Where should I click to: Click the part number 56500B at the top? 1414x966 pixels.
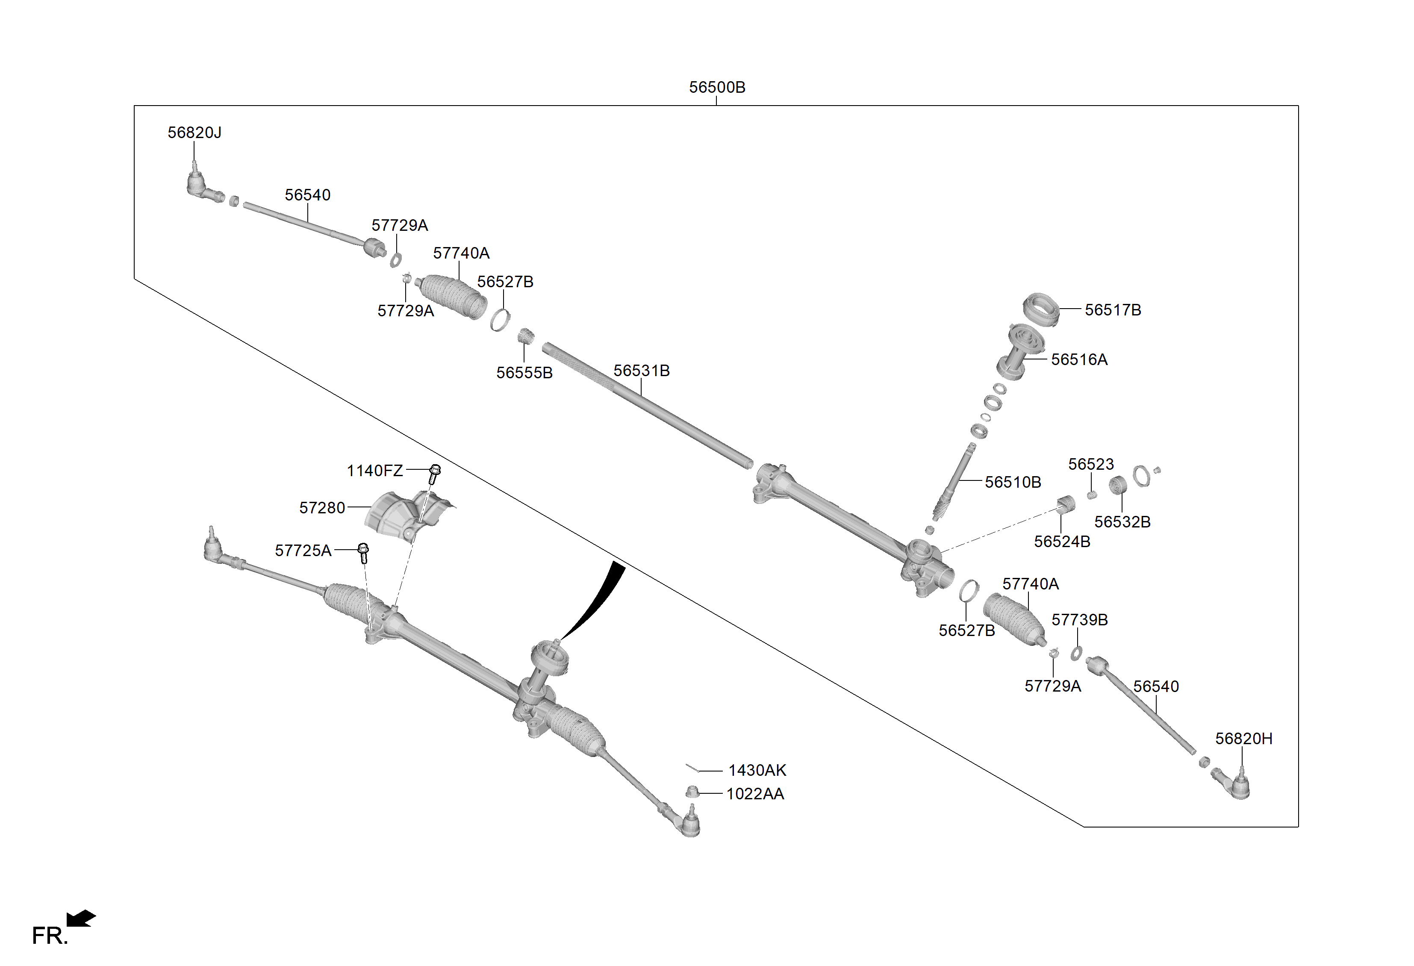point(717,88)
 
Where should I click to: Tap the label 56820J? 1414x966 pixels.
point(194,133)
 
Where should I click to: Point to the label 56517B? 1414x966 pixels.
point(1113,310)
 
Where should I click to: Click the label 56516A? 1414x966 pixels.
point(1079,359)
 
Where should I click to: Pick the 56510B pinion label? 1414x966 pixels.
point(1013,483)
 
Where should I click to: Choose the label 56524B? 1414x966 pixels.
point(1062,542)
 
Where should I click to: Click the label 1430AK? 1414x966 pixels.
point(757,771)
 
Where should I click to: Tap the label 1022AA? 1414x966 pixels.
point(755,794)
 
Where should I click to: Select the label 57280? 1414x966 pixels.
point(322,508)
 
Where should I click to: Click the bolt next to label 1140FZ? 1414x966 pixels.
point(434,473)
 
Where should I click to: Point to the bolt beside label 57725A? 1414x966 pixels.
point(363,552)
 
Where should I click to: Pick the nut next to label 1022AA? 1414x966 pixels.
point(692,792)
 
